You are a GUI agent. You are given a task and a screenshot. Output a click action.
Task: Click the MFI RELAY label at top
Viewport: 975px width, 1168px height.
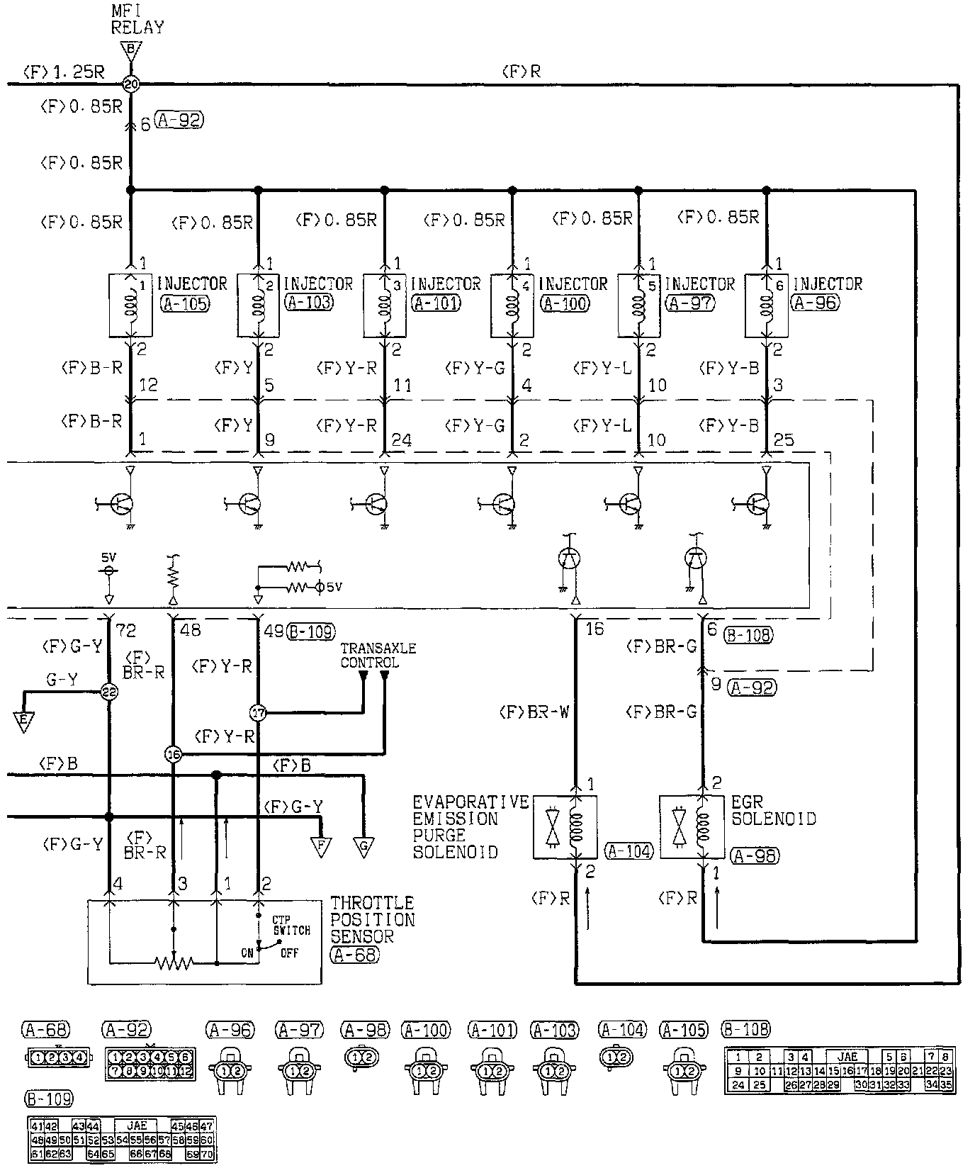coord(137,21)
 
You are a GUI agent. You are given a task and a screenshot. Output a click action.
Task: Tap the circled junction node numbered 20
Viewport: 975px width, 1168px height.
coord(131,84)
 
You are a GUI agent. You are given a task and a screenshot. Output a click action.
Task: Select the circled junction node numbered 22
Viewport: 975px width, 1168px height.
coord(108,692)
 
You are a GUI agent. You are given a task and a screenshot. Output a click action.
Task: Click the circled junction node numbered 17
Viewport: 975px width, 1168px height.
coord(258,712)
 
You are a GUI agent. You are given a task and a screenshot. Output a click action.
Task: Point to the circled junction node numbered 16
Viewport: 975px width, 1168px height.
coord(173,755)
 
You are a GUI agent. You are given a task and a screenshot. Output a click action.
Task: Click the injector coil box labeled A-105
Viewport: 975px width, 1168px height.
coord(130,305)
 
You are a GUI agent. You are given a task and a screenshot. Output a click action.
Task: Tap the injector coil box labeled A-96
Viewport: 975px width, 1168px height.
coord(766,305)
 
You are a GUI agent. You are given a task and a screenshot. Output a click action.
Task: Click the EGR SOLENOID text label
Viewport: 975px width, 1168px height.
coord(773,811)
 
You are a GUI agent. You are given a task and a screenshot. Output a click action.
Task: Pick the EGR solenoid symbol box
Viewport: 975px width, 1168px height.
coord(692,826)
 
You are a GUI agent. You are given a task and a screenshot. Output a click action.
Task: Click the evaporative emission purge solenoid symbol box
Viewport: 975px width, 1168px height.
coord(565,826)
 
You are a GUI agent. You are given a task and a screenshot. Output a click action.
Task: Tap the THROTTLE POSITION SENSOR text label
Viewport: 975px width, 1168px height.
coord(373,920)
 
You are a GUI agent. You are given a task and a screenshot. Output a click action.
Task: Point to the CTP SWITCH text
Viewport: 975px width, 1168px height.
coord(291,925)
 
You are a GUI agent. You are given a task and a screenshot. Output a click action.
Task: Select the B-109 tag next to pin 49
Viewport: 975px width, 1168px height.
coord(312,631)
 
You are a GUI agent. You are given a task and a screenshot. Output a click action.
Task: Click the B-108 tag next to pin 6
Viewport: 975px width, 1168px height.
coord(748,635)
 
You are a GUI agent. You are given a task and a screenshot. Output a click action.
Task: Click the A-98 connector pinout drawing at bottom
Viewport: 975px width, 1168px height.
coord(361,1057)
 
